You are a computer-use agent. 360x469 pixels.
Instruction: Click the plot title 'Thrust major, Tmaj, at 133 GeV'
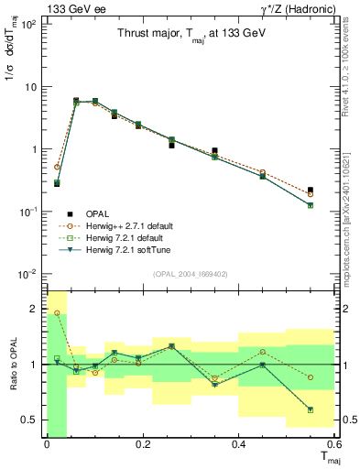pyautogui.click(x=191, y=33)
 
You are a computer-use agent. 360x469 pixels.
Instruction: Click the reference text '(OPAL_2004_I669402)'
pyautogui.click(x=191, y=272)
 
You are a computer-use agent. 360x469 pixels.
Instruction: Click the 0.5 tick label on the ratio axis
pyautogui.click(x=29, y=420)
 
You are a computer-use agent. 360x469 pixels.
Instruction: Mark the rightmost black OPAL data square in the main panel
pyautogui.click(x=336, y=191)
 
